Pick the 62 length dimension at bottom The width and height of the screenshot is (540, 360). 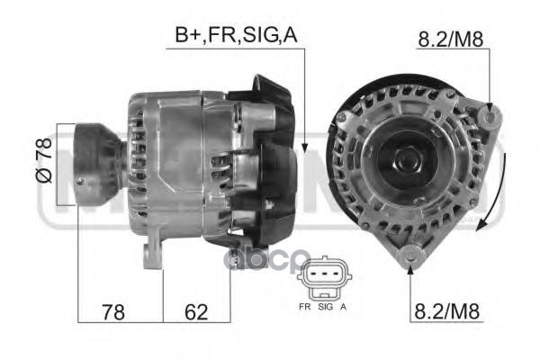[196, 312]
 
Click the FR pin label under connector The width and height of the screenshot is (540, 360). [305, 306]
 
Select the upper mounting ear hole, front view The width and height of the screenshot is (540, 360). [489, 115]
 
